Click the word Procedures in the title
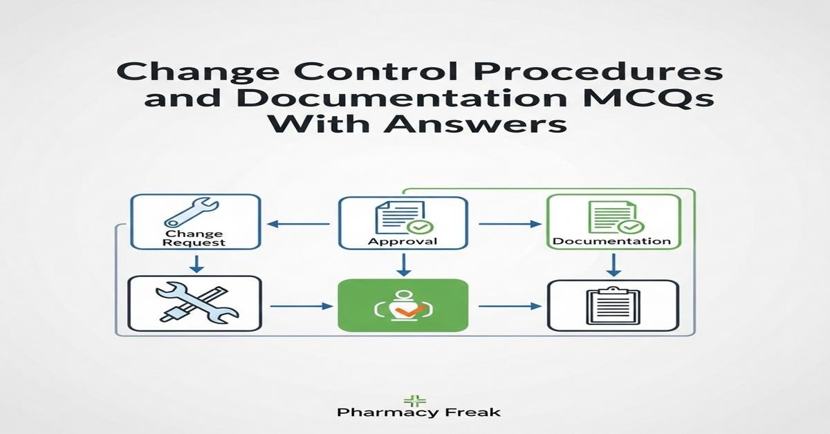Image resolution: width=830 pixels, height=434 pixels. click(596, 72)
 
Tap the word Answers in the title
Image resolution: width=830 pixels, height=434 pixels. click(475, 122)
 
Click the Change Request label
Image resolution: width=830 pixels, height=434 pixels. click(194, 238)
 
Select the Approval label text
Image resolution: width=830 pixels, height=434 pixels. click(403, 241)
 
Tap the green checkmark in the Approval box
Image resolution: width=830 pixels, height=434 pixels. click(420, 227)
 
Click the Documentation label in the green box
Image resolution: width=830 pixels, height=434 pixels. click(611, 241)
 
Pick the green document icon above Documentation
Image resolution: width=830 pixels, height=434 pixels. click(616, 217)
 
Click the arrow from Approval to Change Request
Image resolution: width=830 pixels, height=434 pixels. click(298, 224)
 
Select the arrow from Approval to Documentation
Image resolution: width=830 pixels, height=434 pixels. click(510, 224)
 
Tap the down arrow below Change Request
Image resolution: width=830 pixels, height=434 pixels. click(196, 264)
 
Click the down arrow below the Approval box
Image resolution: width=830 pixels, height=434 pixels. click(403, 265)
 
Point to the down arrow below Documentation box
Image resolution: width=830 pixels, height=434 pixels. click(614, 265)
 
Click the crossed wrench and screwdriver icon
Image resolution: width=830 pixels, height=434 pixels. click(196, 303)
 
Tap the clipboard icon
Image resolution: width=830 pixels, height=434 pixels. click(613, 306)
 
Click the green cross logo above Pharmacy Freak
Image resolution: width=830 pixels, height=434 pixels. click(414, 401)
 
